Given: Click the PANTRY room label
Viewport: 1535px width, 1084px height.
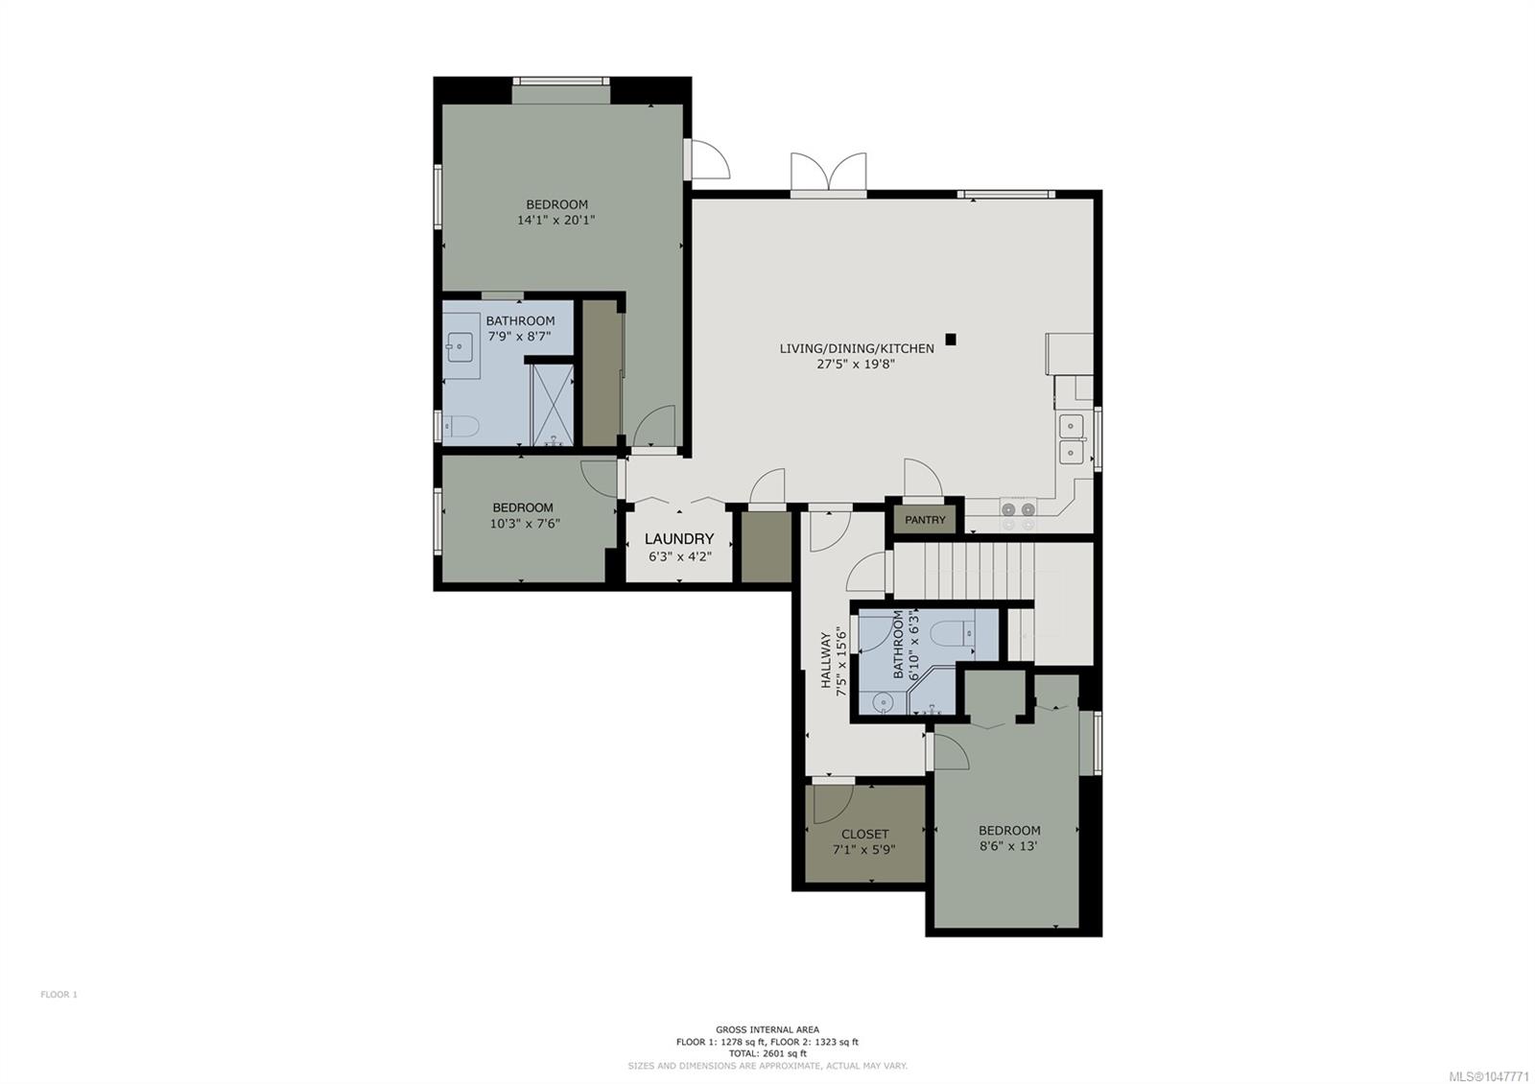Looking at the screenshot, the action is pos(925,520).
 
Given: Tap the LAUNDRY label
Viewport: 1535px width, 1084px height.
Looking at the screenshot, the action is pos(679,538).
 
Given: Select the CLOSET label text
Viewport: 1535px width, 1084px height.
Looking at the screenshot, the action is pos(864,834).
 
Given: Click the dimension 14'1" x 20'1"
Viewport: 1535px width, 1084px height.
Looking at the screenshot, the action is pos(555,220).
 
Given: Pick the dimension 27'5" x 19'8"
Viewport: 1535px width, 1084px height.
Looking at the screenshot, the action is pos(856,364).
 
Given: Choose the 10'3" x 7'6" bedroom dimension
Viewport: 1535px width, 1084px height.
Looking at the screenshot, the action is pos(525,524).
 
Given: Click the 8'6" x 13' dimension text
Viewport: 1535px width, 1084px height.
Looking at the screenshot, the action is pos(1008,845).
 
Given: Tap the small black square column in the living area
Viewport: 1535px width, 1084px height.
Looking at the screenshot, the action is pos(951,339).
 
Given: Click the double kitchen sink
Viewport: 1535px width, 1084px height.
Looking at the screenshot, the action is pos(1071,438).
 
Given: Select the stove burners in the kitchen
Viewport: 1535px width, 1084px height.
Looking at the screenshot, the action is pos(1018,515).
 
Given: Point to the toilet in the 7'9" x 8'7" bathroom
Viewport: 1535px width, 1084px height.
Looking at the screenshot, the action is pos(460,427).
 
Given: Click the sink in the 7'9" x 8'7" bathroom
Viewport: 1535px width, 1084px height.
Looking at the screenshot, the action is pos(457,346).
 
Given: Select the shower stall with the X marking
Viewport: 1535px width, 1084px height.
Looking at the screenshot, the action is pos(553,405).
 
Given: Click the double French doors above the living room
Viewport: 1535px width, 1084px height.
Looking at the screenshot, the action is pos(829,174).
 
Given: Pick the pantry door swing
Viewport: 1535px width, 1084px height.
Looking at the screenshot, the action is pos(923,477).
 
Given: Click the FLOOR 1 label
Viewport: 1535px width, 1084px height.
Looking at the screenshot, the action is pos(59,994).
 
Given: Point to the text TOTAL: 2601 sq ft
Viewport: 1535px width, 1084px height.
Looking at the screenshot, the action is pos(767,1053).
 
